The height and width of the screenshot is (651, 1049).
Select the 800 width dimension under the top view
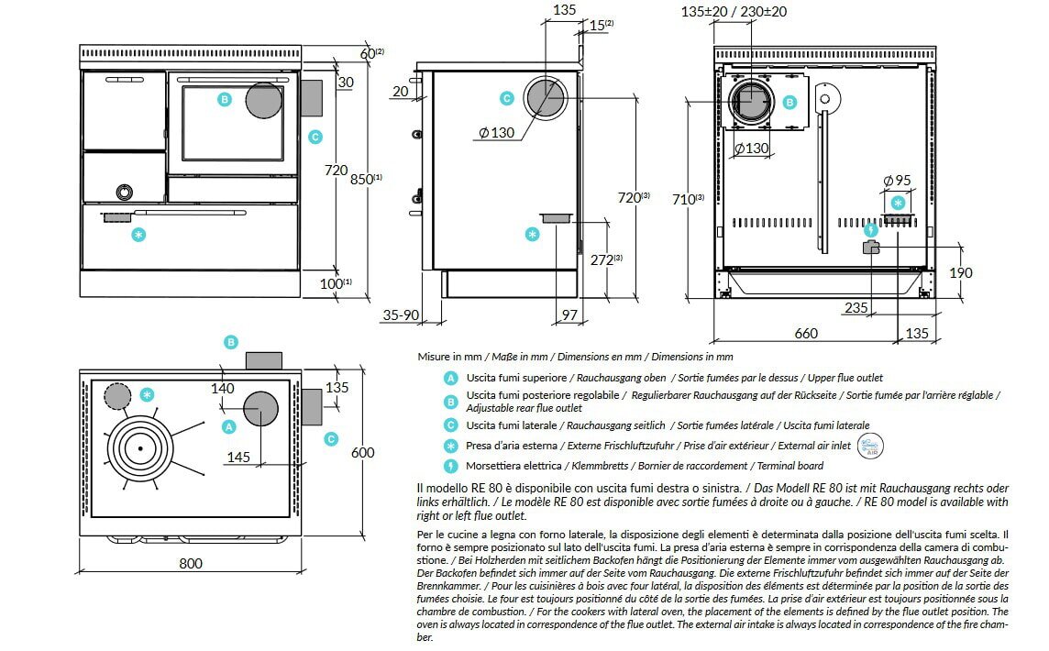tap(191, 563)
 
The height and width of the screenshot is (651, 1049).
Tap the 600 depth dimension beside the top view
tap(363, 452)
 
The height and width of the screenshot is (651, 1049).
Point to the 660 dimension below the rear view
tap(805, 334)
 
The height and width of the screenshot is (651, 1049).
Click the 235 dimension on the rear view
tap(856, 308)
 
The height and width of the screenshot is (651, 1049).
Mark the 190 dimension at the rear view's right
tap(961, 273)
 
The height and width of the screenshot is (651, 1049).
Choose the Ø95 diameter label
tap(897, 181)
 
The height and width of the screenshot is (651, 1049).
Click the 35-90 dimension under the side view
tap(400, 315)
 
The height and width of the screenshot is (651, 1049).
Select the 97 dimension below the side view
tap(569, 315)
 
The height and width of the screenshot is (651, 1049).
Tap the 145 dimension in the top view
tap(237, 456)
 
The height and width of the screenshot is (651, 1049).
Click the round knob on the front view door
tap(123, 191)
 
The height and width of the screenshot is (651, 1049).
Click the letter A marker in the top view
tap(229, 425)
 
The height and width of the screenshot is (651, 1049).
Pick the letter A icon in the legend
tap(450, 378)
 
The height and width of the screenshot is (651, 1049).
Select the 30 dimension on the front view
tap(345, 83)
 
